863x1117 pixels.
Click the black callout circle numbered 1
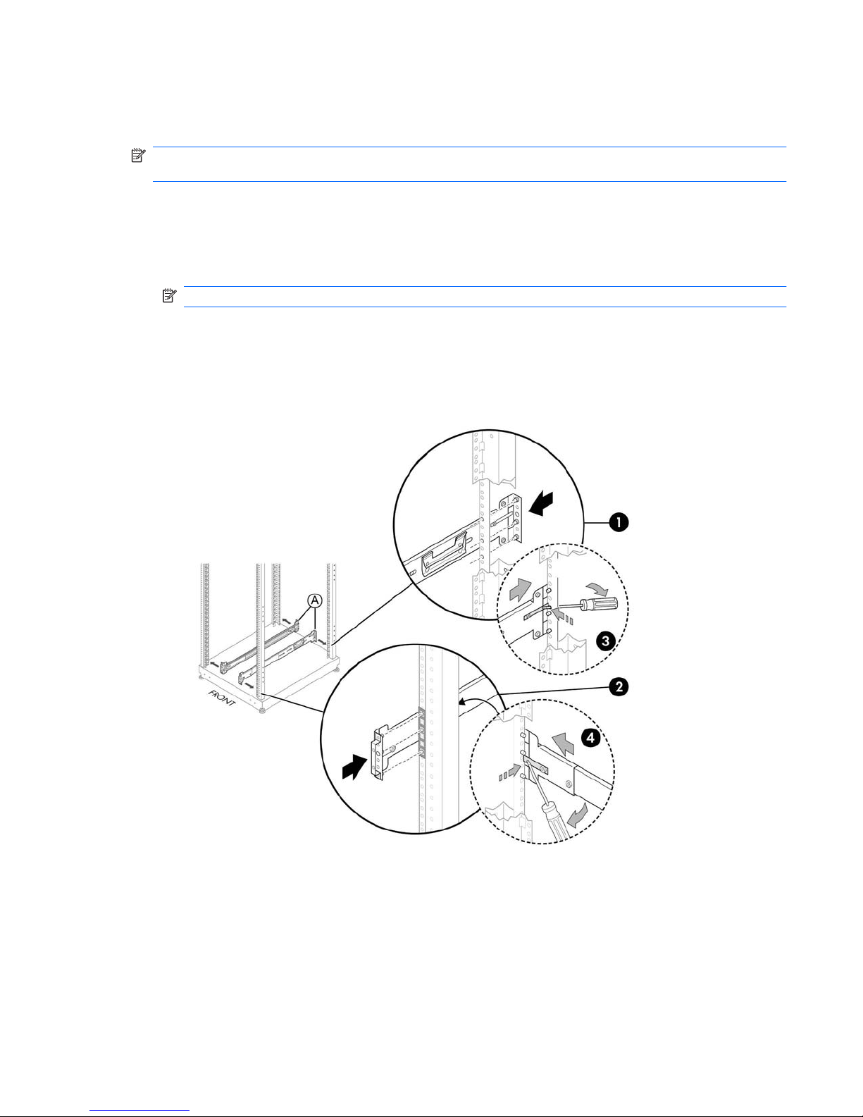pyautogui.click(x=619, y=523)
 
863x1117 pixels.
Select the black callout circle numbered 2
pyautogui.click(x=619, y=686)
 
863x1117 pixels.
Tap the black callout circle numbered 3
pyautogui.click(x=605, y=641)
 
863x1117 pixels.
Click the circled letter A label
pyautogui.click(x=314, y=600)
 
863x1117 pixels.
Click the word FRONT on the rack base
pyautogui.click(x=221, y=698)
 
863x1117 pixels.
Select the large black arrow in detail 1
pyautogui.click(x=541, y=502)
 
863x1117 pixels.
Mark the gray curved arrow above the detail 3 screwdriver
pyautogui.click(x=597, y=587)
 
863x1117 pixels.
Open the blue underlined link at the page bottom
pyautogui.click(x=139, y=1109)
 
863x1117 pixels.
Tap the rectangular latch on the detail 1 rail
pyautogui.click(x=444, y=552)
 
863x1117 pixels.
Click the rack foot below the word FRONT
pyautogui.click(x=262, y=711)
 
